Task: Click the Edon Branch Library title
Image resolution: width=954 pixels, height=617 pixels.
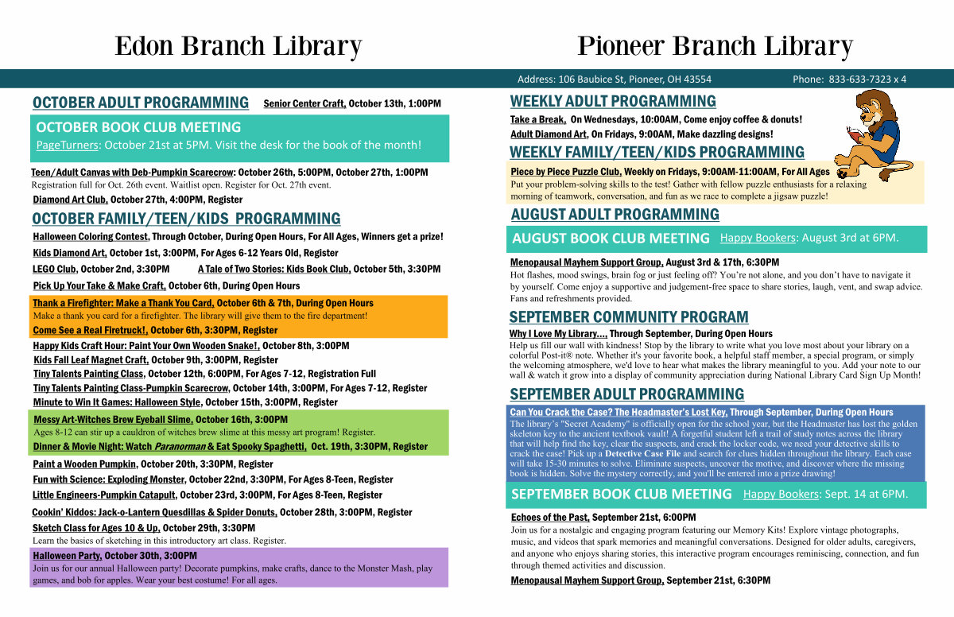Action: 238,46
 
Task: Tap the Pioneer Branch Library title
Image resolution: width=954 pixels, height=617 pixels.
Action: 715,46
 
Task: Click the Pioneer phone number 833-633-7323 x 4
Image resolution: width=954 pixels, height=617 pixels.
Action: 867,80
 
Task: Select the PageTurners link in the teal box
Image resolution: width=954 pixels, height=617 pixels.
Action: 68,146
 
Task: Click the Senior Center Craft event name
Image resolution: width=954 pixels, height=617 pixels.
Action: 304,103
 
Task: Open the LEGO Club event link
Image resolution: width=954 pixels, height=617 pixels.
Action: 55,269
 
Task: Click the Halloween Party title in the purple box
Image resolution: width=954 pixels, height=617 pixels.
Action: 68,556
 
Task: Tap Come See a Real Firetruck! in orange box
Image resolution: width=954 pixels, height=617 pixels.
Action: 91,331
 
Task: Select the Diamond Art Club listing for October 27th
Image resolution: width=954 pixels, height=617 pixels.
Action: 70,200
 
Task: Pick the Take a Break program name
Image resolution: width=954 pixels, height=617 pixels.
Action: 538,119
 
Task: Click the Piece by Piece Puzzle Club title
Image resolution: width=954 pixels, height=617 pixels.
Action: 566,172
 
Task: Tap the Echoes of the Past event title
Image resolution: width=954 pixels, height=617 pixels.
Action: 550,518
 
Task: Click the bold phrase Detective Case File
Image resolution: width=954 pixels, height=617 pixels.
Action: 642,453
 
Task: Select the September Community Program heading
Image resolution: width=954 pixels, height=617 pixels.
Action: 629,317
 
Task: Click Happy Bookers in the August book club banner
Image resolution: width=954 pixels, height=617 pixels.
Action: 758,238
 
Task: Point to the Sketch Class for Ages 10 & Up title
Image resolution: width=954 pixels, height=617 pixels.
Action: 96,528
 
